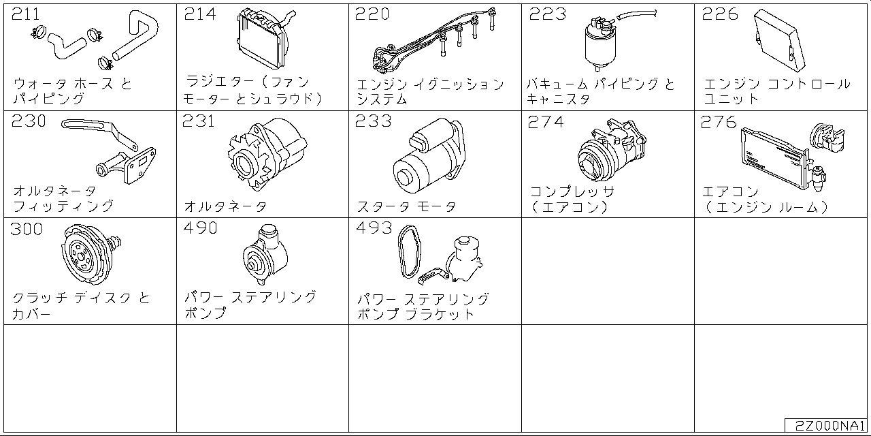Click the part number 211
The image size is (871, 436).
(26, 14)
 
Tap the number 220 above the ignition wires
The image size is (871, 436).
(372, 14)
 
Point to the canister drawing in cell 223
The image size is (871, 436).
(598, 45)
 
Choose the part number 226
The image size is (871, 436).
(719, 14)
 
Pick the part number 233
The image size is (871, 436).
(374, 121)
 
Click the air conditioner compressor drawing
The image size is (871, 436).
(609, 154)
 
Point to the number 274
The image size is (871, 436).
(546, 121)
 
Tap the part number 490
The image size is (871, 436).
(200, 228)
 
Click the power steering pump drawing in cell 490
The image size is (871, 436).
(266, 256)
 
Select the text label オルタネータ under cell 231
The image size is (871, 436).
(225, 206)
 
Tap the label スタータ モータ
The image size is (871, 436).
(406, 206)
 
